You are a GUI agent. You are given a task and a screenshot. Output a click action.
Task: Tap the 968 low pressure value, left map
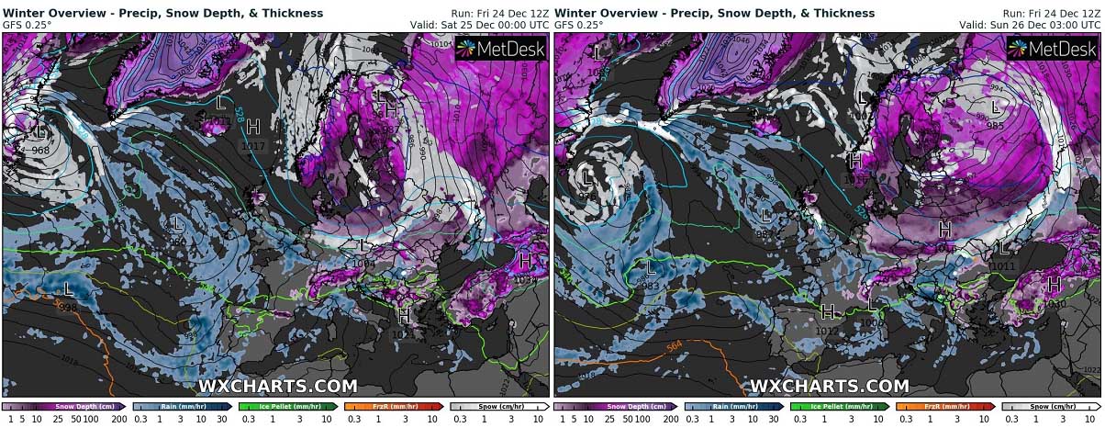pos(39,151)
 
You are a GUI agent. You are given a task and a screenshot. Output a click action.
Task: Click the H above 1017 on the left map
pos(253,127)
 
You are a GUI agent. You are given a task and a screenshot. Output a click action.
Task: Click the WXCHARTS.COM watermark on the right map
pos(829,387)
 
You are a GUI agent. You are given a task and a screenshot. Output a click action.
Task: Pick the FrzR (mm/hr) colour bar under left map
pos(394,405)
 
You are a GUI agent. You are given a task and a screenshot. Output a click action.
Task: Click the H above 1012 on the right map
pos(827,312)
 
